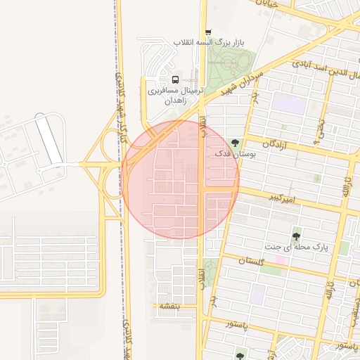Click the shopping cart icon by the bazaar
207,32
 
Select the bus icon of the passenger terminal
175,79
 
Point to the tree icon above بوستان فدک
234,142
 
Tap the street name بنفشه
169,306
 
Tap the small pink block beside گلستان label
280,261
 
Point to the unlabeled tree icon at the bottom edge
240,356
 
